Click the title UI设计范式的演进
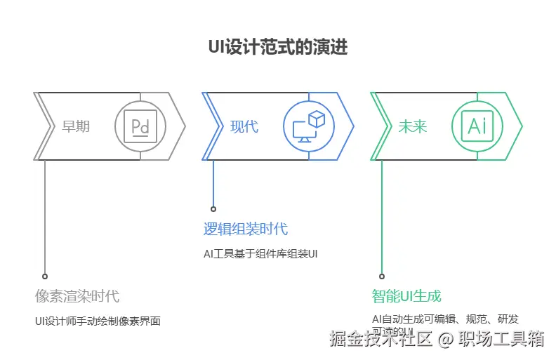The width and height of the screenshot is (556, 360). pos(278,48)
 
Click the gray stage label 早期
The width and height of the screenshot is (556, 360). pos(76,127)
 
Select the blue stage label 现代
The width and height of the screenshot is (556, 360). pos(244,127)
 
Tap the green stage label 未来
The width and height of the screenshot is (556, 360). pos(413,127)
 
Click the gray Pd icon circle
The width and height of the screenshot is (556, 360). pos(140,126)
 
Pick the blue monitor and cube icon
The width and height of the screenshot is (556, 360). pos(309,126)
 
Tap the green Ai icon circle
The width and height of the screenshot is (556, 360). pos(477,126)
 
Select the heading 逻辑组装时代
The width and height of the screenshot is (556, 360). pos(245,229)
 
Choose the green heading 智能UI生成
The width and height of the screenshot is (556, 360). pos(406,295)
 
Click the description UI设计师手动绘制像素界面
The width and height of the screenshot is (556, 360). pos(98,321)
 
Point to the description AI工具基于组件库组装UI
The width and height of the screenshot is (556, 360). pos(260,253)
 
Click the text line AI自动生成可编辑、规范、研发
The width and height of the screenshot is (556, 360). pos(445,319)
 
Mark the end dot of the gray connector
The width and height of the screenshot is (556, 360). pos(45,276)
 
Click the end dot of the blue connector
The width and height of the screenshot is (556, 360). pos(213,208)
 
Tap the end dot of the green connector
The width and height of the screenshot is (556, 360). pos(382,276)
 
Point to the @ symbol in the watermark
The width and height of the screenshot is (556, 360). pos(444,340)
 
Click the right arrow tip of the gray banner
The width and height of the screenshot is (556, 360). pos(185,126)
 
